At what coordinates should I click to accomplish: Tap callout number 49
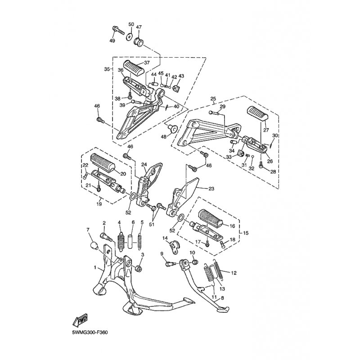point(112,40)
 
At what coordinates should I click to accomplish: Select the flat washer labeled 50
point(130,36)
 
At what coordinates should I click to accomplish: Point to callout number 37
point(147,63)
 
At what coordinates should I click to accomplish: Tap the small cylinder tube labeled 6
point(130,241)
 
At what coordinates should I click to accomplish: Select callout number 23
point(211,189)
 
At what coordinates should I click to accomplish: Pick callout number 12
point(234,273)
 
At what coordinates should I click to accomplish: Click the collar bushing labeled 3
point(139,268)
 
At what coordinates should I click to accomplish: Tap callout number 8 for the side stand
point(222,298)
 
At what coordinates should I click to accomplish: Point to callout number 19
point(100,204)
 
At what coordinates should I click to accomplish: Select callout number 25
point(213,99)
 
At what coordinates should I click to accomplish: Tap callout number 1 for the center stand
point(95,267)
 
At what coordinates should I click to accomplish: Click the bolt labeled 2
point(106,237)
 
